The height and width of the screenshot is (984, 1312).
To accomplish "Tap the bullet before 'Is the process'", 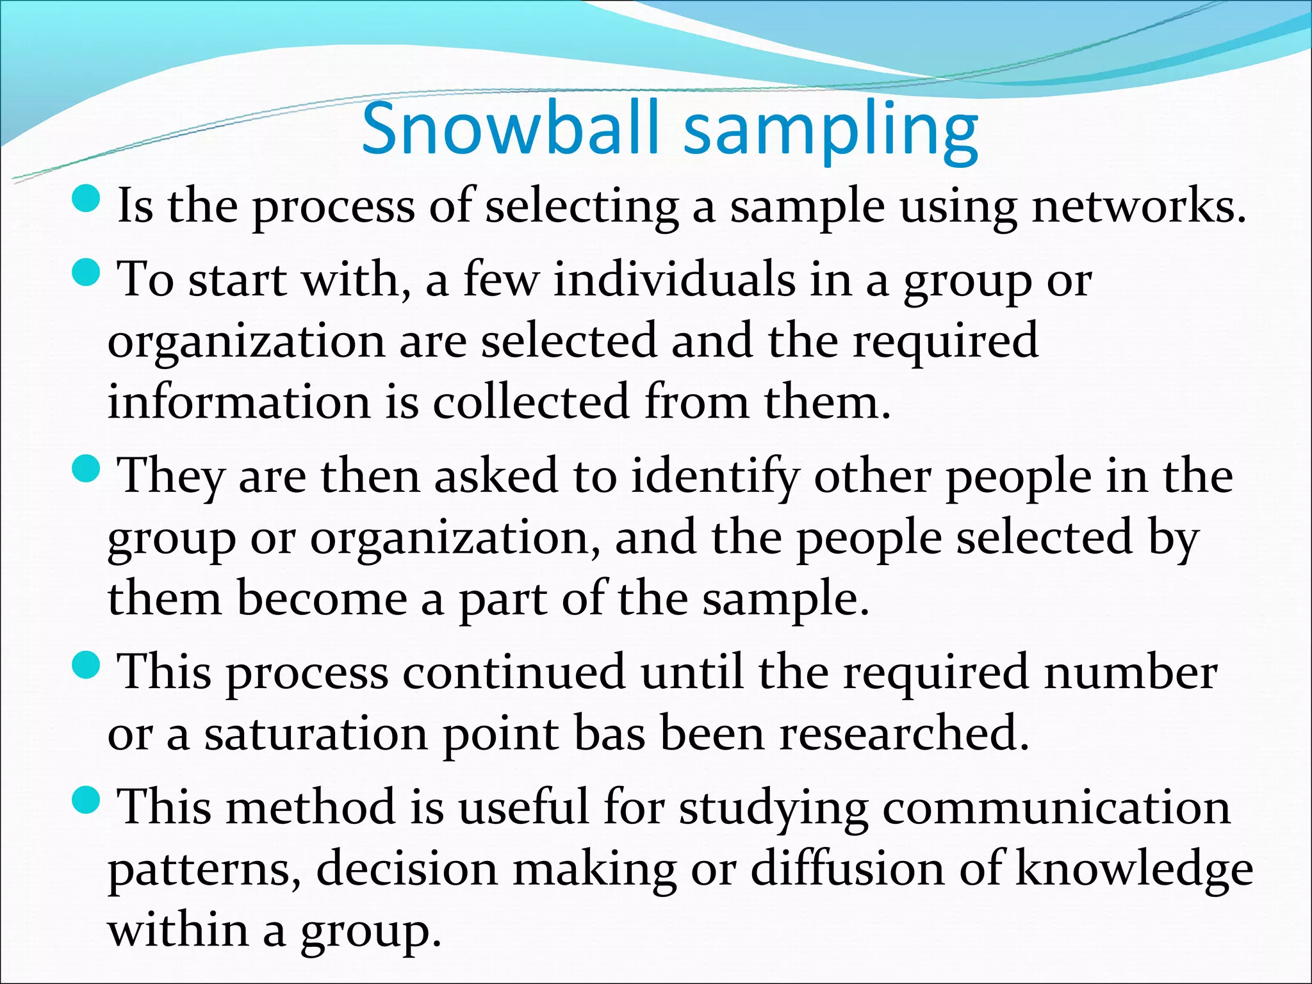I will [87, 200].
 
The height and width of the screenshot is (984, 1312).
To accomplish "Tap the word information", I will [239, 402].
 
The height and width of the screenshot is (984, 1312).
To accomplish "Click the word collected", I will [531, 402].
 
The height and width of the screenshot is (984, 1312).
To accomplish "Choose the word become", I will [322, 598].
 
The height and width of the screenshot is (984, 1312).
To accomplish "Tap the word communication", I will [1056, 807].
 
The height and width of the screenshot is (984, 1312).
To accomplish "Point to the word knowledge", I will [1135, 870].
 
